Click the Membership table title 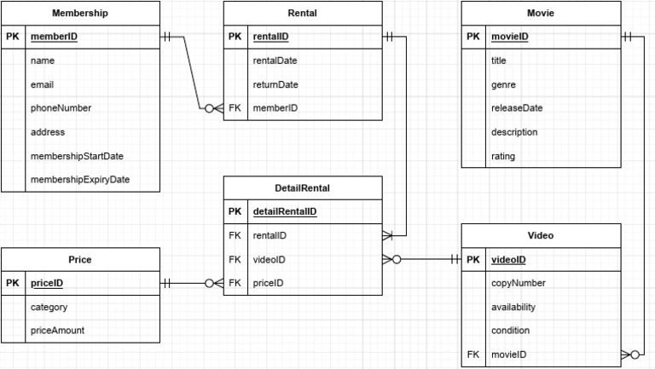tap(80, 13)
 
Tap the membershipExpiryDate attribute tap(79, 180)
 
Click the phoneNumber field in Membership tap(61, 108)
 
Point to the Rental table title tap(303, 13)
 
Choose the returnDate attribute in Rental tap(275, 84)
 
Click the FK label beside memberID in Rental tap(235, 108)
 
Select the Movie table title tap(541, 13)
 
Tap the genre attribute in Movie tap(503, 84)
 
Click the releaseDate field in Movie tap(517, 108)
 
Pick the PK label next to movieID tap(473, 37)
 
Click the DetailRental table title tap(303, 187)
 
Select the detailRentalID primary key tap(285, 211)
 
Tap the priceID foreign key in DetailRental tap(268, 283)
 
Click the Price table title tap(80, 259)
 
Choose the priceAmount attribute tap(57, 331)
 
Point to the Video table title tap(541, 235)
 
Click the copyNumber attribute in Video tap(518, 283)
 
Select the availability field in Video tap(514, 307)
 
